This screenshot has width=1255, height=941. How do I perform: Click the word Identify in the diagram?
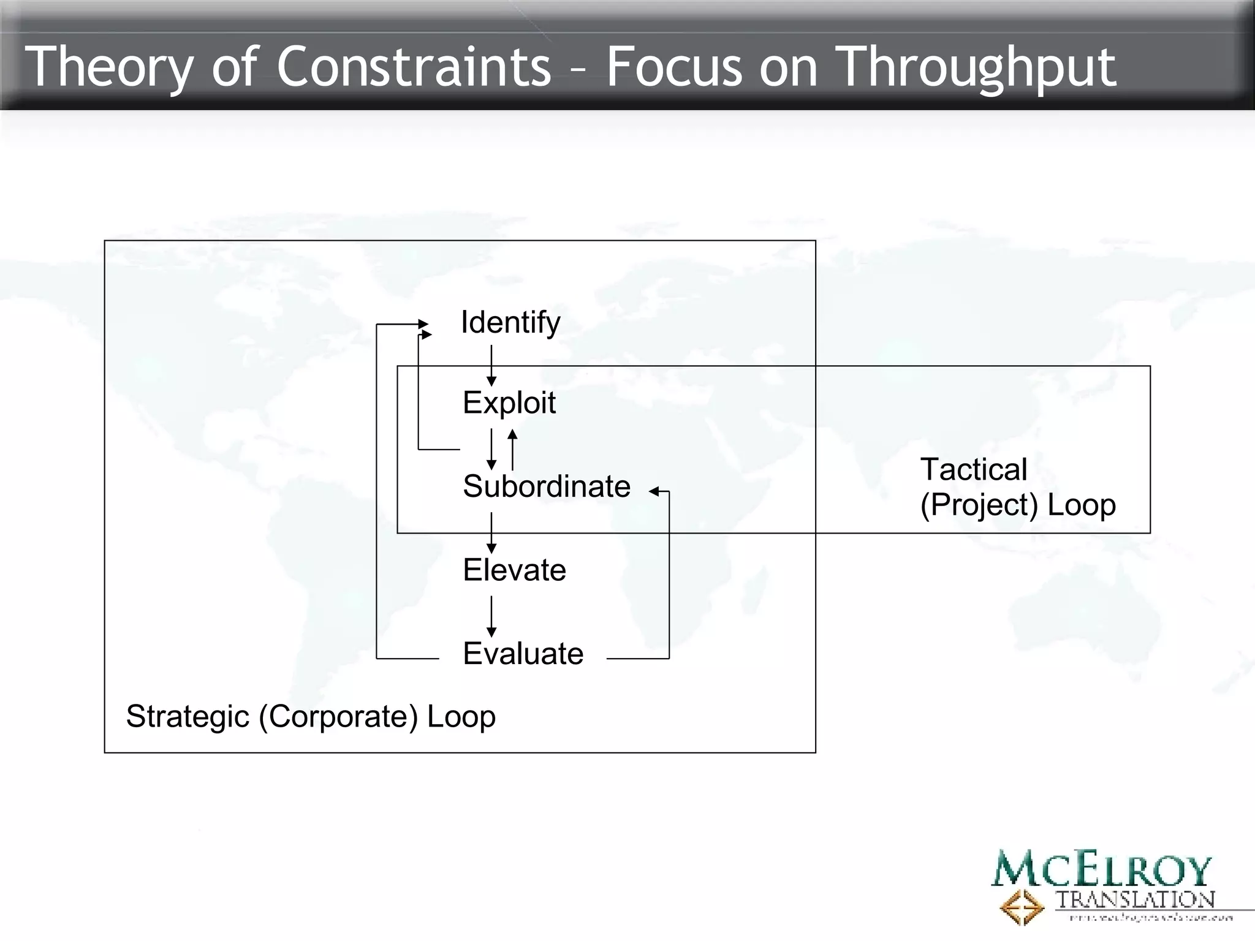point(510,322)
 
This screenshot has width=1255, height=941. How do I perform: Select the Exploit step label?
point(509,403)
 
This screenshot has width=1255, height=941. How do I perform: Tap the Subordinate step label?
point(546,486)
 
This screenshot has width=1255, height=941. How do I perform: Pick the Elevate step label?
point(514,570)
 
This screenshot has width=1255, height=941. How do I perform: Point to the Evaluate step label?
point(523,654)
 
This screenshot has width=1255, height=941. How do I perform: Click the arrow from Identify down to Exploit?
point(491,365)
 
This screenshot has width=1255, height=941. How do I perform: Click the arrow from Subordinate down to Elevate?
point(491,533)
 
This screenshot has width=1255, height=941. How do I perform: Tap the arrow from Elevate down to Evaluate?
point(491,616)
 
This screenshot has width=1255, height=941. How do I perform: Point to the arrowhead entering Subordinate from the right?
point(654,491)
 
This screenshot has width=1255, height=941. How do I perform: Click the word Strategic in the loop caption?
point(188,716)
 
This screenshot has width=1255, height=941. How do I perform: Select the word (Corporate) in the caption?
point(338,716)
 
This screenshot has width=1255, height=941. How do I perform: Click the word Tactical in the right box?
point(973,470)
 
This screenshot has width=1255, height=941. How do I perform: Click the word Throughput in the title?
point(976,67)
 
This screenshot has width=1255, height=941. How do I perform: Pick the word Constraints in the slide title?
point(414,66)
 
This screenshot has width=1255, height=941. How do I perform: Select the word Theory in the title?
point(109,67)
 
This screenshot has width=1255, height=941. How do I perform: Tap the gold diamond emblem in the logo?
point(1022,907)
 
